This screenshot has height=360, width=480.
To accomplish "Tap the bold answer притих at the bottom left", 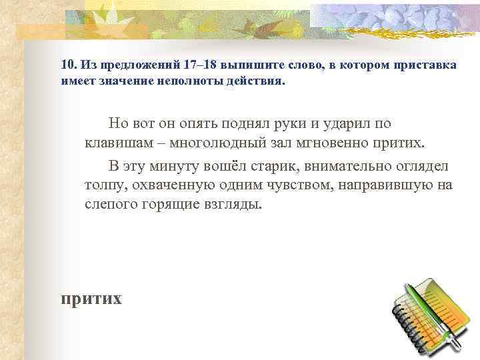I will [91, 298].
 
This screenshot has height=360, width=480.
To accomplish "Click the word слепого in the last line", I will [109, 205].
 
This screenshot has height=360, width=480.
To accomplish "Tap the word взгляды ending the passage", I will [235, 205].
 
